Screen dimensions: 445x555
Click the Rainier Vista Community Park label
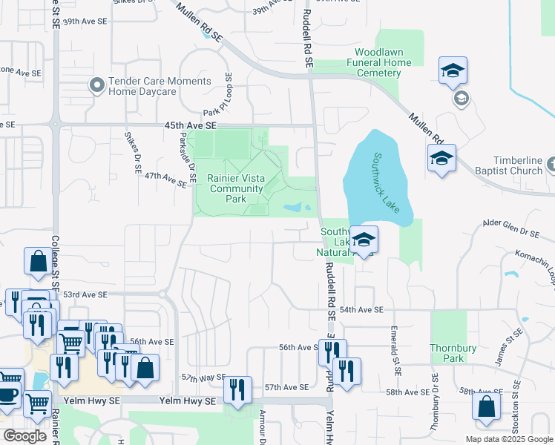click(x=237, y=188)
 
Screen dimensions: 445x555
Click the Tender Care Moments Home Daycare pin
click(x=96, y=85)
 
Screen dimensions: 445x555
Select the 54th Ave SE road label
click(x=361, y=309)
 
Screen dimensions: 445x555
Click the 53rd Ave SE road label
click(x=85, y=294)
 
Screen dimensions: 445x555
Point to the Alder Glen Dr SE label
click(x=510, y=231)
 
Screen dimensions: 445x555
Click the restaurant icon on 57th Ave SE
click(x=237, y=389)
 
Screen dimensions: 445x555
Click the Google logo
click(x=24, y=436)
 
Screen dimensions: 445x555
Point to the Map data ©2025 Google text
click(x=509, y=439)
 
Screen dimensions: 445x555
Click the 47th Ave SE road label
click(x=165, y=179)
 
